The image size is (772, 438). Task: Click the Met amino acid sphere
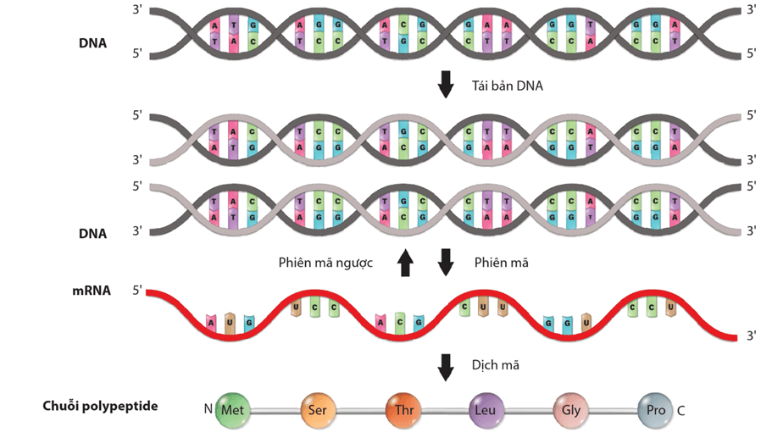coord(231,410)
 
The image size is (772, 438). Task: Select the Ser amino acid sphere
coord(317,410)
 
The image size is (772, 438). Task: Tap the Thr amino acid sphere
coord(402,410)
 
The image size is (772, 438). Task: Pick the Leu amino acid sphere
coord(486,410)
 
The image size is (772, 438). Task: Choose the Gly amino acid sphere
coord(569,410)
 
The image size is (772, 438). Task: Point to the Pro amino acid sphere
coord(654,410)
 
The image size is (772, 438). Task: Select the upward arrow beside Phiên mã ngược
coord(405,263)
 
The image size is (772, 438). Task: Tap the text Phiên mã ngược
coord(325,263)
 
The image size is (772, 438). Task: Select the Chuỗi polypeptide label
coord(100,406)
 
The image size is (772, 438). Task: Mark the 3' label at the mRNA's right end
coord(751,336)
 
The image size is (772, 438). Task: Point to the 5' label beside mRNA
coord(137,291)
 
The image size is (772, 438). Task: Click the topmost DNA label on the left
coord(92,42)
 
